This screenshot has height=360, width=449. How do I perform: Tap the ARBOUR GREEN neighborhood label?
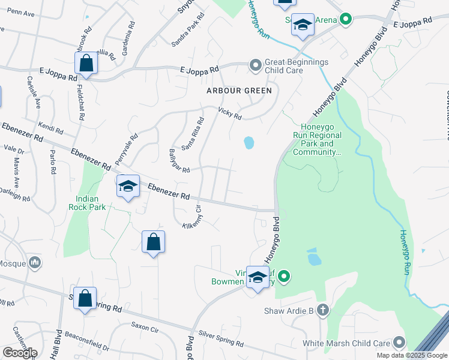point(239,91)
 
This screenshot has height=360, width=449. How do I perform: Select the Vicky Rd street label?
point(230,112)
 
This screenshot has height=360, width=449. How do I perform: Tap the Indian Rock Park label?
point(91,203)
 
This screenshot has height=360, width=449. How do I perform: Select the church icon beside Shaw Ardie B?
point(323,310)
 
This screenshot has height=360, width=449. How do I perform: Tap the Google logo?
point(20,353)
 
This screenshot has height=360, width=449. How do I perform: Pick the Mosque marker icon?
point(35,262)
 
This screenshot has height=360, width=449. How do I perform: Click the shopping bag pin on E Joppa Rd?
point(86,64)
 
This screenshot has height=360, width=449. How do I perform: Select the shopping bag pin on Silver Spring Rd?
point(85,298)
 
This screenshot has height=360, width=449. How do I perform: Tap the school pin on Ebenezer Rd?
point(128,187)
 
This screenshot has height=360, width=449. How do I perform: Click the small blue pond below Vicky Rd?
point(249,143)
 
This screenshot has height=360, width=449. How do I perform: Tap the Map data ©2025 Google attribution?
point(411,355)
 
